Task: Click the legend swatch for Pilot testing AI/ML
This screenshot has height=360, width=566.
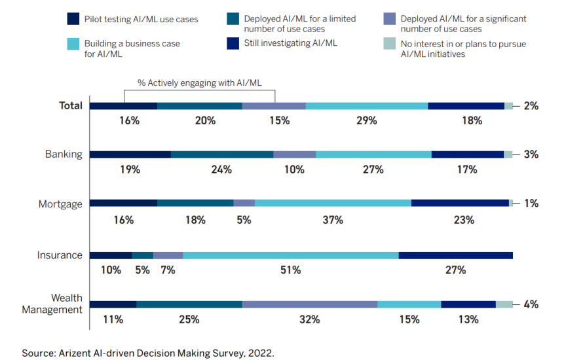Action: (72, 19)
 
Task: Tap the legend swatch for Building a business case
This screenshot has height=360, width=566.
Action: (72, 44)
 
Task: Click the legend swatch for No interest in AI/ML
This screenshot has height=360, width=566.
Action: (388, 44)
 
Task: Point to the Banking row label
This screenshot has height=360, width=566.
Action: (64, 154)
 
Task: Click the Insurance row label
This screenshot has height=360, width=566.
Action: (60, 255)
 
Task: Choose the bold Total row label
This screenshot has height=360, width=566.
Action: (71, 105)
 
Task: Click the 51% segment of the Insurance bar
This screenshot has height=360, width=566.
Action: (290, 255)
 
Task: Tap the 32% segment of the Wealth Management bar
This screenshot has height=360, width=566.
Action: (309, 304)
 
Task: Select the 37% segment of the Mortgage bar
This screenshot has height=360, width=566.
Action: (333, 203)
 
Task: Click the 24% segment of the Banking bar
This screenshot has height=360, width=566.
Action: (221, 154)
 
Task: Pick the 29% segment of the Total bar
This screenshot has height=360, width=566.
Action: (366, 106)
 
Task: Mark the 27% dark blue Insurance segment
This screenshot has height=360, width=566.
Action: (455, 255)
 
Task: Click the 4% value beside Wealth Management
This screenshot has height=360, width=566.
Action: (531, 304)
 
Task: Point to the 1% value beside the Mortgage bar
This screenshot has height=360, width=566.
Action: (531, 203)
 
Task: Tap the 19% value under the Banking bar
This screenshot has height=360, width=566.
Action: (130, 170)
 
